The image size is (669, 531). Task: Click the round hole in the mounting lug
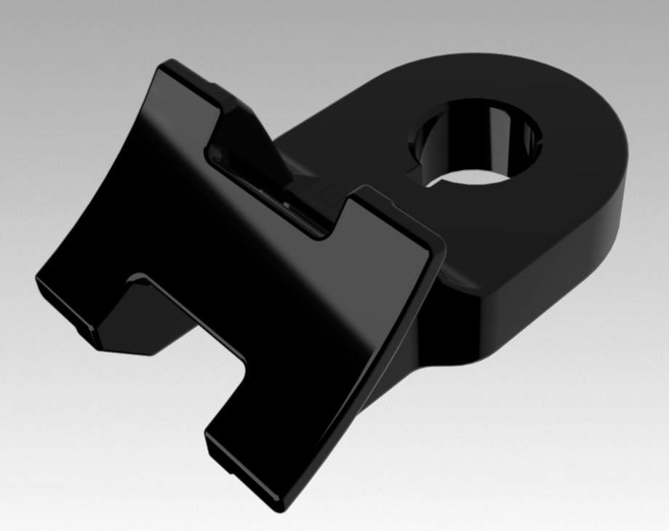pos(476,142)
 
